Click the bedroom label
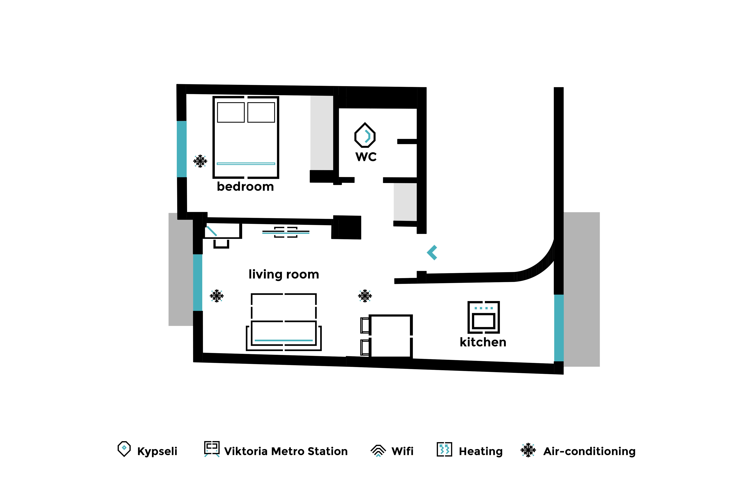(x=245, y=187)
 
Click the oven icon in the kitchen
(x=483, y=317)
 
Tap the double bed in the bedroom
(x=246, y=137)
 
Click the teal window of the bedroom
(x=182, y=149)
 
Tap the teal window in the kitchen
(x=559, y=328)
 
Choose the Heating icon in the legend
(x=444, y=449)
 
